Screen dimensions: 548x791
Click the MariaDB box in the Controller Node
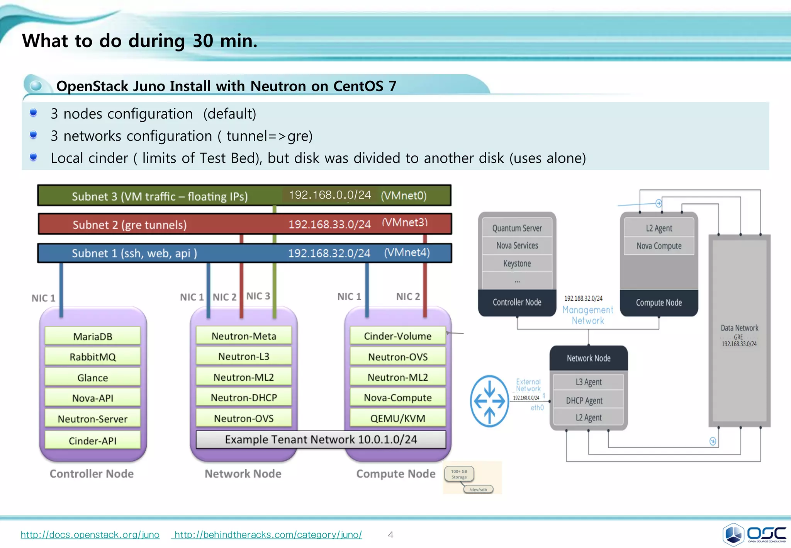pyautogui.click(x=93, y=336)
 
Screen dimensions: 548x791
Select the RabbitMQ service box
pyautogui.click(x=93, y=357)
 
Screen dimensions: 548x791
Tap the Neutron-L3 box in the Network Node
pyautogui.click(x=244, y=356)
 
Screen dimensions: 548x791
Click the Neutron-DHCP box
pyautogui.click(x=244, y=398)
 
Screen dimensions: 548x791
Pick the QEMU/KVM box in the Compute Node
pyautogui.click(x=397, y=418)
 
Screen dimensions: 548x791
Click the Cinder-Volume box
pyautogui.click(x=397, y=336)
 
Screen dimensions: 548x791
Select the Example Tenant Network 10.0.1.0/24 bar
pyautogui.click(x=321, y=440)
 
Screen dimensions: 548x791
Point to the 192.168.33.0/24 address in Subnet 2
pyautogui.click(x=329, y=225)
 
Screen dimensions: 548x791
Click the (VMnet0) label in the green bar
pyautogui.click(x=404, y=196)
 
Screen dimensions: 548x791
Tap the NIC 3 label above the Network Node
pyautogui.click(x=258, y=296)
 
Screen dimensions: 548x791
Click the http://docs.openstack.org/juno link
pyautogui.click(x=90, y=535)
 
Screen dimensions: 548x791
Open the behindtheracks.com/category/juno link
pyautogui.click(x=268, y=535)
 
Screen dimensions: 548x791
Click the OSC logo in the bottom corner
pyautogui.click(x=754, y=534)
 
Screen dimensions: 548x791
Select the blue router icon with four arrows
pyautogui.click(x=489, y=401)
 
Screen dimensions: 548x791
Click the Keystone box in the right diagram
pyautogui.click(x=517, y=264)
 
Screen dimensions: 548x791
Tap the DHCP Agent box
pyautogui.click(x=584, y=401)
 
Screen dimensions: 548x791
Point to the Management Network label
pyautogui.click(x=587, y=315)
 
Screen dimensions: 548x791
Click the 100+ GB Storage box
pyautogui.click(x=459, y=474)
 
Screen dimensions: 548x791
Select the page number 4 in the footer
pyautogui.click(x=390, y=535)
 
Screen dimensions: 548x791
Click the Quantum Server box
pyautogui.click(x=517, y=228)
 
